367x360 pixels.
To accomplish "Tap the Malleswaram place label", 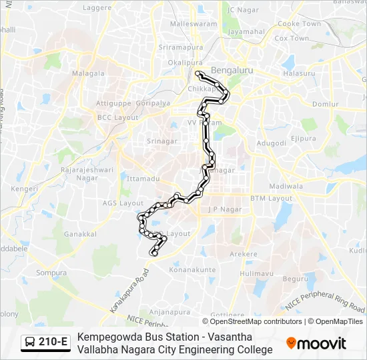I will click(195, 23).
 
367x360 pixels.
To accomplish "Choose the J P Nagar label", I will click(223, 209).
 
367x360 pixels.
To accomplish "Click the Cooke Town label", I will click(299, 24).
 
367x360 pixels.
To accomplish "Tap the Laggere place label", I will click(97, 7).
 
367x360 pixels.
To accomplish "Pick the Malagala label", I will click(89, 73).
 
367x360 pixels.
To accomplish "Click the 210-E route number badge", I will click(53, 342).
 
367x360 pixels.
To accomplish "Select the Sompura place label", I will click(51, 273).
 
